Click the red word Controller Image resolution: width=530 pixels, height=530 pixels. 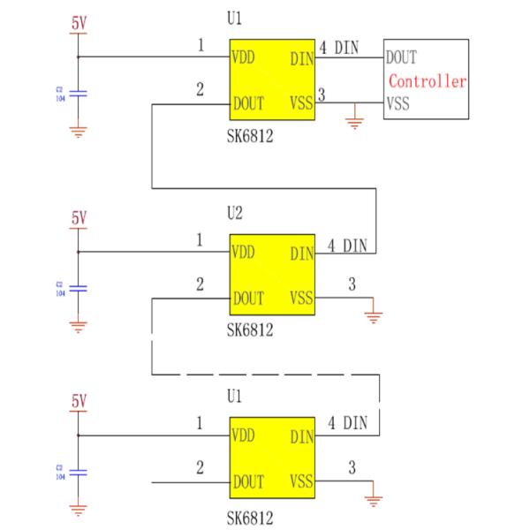[x=428, y=81]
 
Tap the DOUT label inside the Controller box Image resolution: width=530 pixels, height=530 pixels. [x=401, y=58]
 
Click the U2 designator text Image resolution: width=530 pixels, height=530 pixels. [x=235, y=213]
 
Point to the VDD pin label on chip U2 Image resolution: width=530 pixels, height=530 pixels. [x=244, y=252]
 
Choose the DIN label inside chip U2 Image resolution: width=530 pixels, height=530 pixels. [x=301, y=254]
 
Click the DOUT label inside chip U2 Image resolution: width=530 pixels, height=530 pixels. [x=249, y=299]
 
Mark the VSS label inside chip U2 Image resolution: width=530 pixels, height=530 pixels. [x=301, y=299]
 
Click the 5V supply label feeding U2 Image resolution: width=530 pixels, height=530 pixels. [x=79, y=217]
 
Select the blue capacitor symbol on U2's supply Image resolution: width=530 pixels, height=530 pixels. [x=79, y=288]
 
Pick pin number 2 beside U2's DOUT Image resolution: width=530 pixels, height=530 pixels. [x=200, y=284]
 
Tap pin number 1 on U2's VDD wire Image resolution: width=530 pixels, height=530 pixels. [x=200, y=239]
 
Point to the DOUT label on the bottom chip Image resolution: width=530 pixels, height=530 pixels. [x=249, y=482]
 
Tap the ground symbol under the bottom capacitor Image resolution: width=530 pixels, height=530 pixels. [x=79, y=510]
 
